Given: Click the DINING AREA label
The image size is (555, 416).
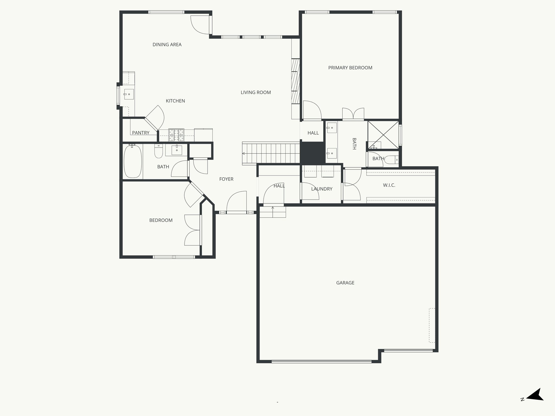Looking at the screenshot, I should click(167, 45).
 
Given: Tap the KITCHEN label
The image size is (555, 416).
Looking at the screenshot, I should click(175, 101).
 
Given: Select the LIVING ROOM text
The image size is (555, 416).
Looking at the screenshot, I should click(256, 92).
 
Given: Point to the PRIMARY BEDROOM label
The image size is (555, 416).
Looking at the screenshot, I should click(350, 68).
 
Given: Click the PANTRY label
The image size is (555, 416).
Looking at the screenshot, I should click(141, 133).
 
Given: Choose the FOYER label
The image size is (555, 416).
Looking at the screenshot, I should click(226, 179).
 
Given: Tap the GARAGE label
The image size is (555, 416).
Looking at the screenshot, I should click(345, 283).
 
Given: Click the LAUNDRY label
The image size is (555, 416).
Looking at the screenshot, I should click(322, 189).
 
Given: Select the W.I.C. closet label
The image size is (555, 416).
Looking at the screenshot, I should click(389, 185).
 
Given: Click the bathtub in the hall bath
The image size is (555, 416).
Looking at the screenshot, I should click(133, 161).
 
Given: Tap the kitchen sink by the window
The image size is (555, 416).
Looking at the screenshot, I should click(129, 94).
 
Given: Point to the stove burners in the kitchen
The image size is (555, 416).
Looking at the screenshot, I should click(176, 135).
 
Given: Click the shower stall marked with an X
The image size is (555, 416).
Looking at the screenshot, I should click(383, 135).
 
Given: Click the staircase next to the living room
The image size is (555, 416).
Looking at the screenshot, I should click(271, 153).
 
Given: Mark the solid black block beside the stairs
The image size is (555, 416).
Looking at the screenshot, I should click(313, 153).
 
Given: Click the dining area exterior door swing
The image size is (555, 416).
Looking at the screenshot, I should click(201, 25).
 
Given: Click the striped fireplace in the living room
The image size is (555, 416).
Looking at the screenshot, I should click(296, 81).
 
